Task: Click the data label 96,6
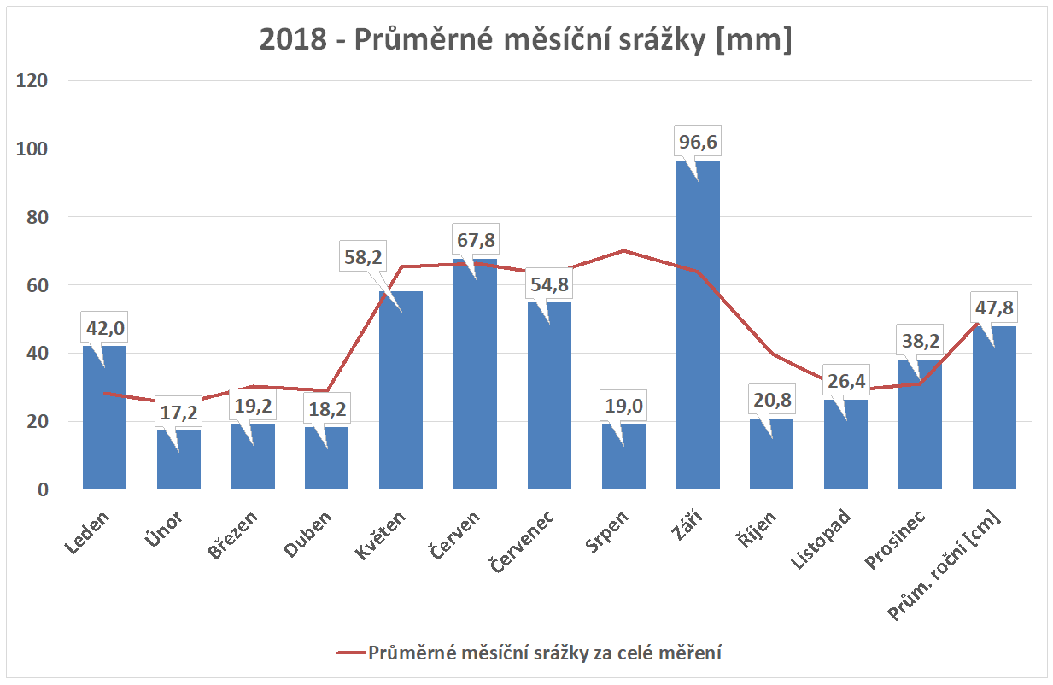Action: coord(698,143)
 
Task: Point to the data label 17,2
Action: coord(178,413)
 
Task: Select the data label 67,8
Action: coord(475,239)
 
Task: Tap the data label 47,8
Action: coord(994,307)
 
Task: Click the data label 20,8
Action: coord(772,399)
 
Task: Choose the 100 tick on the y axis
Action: coord(36,149)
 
